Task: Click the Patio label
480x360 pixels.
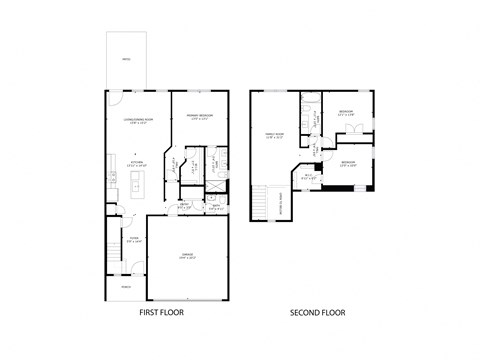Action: click(127, 60)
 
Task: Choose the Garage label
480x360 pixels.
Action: click(186, 255)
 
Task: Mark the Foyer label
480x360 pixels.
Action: click(134, 239)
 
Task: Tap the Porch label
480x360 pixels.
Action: click(126, 287)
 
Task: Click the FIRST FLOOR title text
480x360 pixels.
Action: click(161, 313)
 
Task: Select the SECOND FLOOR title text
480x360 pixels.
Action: click(317, 313)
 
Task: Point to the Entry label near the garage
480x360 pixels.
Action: click(185, 206)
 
